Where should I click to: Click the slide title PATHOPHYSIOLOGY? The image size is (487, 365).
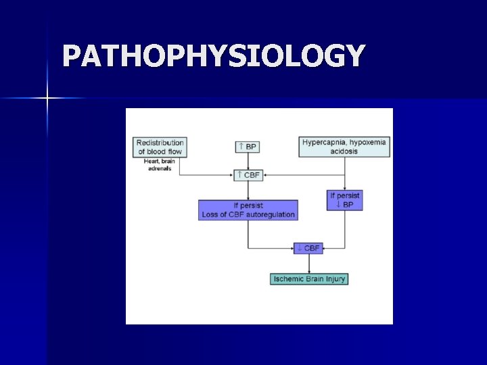214,56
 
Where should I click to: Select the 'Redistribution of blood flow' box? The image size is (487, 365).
160,147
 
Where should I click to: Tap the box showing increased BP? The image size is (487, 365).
248,146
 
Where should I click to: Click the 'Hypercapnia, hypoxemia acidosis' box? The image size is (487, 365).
345,147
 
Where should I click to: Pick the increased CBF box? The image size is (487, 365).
248,175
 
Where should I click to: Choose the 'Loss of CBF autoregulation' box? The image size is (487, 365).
248,210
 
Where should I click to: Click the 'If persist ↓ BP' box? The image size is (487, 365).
345,199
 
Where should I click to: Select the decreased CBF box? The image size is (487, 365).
308,248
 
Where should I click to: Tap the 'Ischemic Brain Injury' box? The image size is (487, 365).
309,278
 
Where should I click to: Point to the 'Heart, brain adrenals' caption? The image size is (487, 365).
160,164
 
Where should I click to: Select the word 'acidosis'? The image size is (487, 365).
345,151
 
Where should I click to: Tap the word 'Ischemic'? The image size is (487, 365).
289,278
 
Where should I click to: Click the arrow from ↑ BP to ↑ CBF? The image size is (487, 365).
248,161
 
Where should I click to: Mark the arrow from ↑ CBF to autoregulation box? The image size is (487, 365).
248,191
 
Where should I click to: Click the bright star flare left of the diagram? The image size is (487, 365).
47,99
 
